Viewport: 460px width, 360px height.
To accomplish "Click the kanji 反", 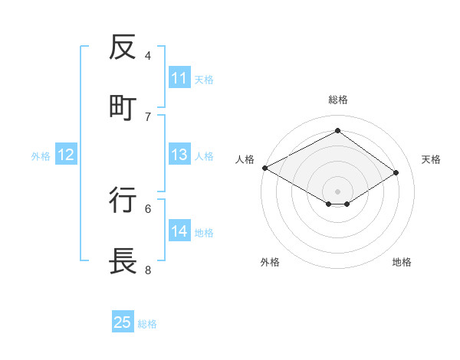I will (x=123, y=47).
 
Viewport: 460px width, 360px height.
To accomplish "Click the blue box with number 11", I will (x=179, y=78).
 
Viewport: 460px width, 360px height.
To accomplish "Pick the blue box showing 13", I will (x=179, y=155).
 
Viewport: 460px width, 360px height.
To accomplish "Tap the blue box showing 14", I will (x=179, y=231).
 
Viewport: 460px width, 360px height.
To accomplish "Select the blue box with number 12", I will (x=66, y=155).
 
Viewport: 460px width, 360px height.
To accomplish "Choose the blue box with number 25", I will (x=123, y=322).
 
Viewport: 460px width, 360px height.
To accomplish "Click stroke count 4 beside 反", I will (x=148, y=55).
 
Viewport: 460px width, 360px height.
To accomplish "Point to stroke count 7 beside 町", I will (x=148, y=116).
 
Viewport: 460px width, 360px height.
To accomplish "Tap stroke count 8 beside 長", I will (x=148, y=269).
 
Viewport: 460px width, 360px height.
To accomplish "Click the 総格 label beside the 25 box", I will (x=147, y=324).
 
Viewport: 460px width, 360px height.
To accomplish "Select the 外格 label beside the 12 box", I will (x=41, y=156).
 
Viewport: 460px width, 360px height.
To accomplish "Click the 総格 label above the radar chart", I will (x=338, y=100).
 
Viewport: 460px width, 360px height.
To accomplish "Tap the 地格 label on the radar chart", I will (x=402, y=262).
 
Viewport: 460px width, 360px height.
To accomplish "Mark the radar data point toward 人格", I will (x=264, y=168).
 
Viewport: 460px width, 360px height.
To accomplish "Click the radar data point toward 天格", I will (x=396, y=173).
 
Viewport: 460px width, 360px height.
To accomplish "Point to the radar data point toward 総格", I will (x=337, y=131).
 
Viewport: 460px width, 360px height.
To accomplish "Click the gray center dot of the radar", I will (x=337, y=190).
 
